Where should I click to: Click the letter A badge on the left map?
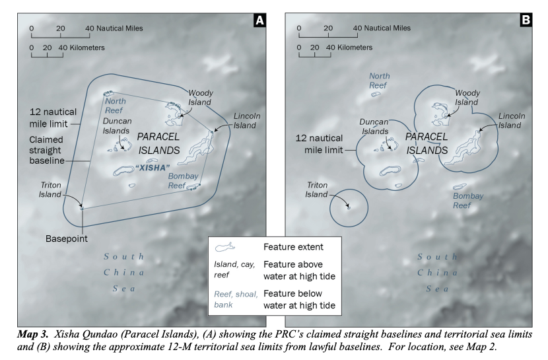(259, 20)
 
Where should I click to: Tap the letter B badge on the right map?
(526, 20)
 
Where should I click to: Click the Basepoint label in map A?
(67, 238)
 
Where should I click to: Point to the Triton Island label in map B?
(317, 190)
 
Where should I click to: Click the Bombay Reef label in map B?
(468, 201)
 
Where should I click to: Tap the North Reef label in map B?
(379, 81)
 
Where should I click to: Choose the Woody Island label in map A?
(200, 98)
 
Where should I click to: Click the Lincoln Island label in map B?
(511, 121)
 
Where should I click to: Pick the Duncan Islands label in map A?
(117, 126)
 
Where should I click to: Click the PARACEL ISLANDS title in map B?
(427, 143)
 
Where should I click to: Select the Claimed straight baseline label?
(46, 150)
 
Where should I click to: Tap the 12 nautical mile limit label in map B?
(319, 144)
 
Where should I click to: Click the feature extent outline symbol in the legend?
(224, 247)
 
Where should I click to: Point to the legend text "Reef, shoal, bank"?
(236, 299)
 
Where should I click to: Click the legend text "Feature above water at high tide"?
(299, 270)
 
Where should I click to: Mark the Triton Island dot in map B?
(349, 208)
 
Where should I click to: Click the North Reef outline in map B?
(376, 94)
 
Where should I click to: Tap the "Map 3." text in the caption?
(33, 334)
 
